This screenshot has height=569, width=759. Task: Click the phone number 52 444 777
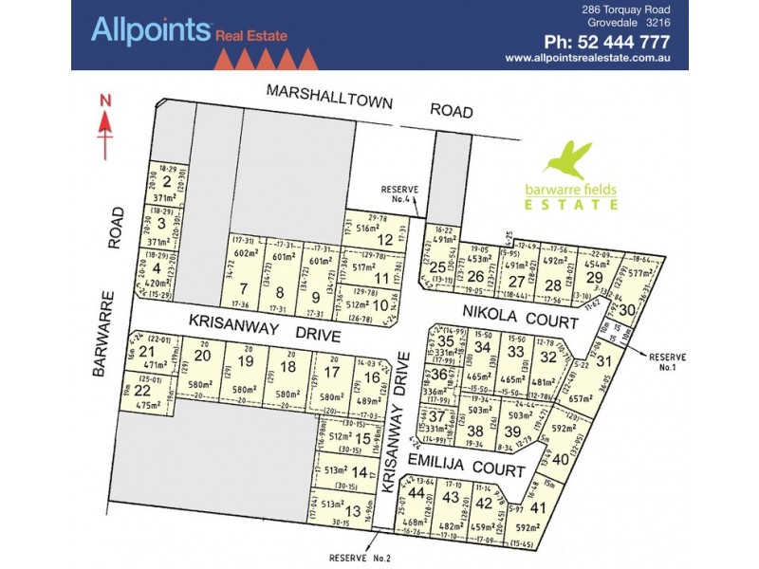[x=607, y=42]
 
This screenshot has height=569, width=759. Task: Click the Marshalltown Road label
[x=369, y=101]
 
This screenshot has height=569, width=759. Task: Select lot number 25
[x=437, y=267]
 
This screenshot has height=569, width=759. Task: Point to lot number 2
[x=167, y=183]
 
